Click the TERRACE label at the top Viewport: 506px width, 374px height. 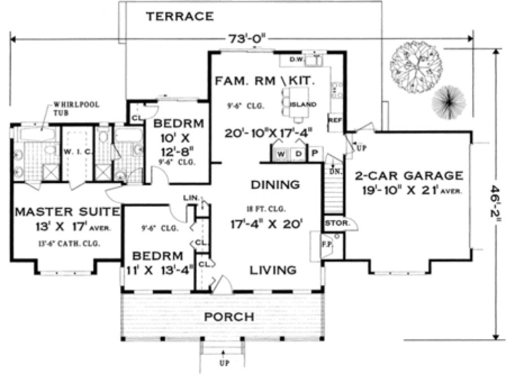pos(180,16)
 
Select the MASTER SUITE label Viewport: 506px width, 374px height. pos(67,212)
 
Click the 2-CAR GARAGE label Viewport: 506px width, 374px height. pos(408,175)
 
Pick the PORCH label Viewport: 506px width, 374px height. pos(228,317)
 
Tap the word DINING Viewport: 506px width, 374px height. pos(275,184)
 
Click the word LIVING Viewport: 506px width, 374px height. pos(274,270)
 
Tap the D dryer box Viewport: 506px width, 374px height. pos(298,154)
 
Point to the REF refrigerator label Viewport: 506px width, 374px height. pos(335,121)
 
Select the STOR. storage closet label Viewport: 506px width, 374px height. pos(334,223)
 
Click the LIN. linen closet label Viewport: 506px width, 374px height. pos(190,198)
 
